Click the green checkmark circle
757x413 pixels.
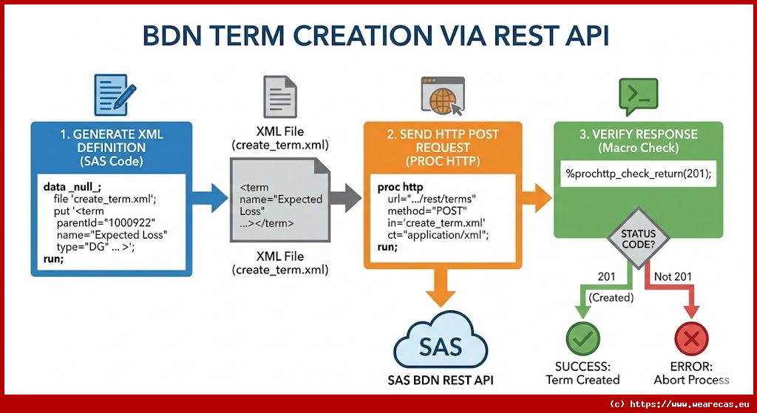[x=583, y=340]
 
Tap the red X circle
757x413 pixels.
[x=691, y=340]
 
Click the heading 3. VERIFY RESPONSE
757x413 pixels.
[x=638, y=134]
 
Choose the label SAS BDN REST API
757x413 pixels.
[x=441, y=380]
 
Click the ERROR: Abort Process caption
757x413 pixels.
[x=691, y=373]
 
